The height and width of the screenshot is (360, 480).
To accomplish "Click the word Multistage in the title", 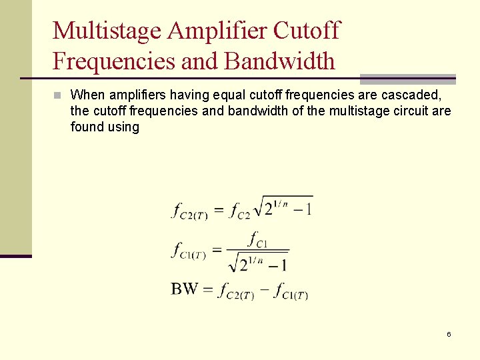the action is (x=106, y=31).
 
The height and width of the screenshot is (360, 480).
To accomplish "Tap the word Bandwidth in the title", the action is (x=280, y=61).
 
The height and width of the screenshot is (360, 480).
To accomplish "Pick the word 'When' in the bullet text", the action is (x=86, y=95).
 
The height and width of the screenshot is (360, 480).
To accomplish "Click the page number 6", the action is (x=449, y=334).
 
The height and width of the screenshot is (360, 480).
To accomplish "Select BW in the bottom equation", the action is (x=184, y=289).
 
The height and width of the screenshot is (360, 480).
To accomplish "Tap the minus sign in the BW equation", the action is (x=263, y=289).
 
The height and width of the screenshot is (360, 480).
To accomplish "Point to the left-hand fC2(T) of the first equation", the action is (x=190, y=211).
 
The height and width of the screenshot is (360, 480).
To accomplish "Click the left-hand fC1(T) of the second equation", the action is (x=190, y=251).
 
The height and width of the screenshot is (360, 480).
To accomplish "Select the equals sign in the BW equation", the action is (x=207, y=289).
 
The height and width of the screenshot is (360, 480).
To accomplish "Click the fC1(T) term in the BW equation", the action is (x=291, y=291).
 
